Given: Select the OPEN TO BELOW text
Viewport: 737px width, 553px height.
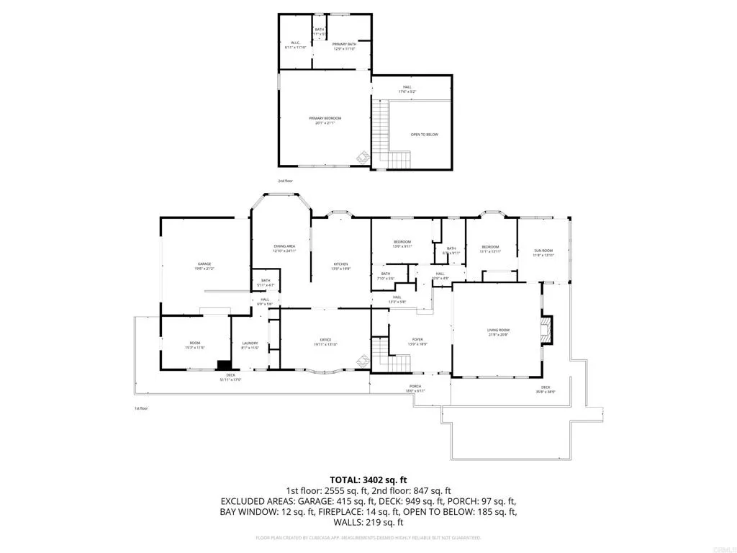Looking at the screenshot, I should pos(424,135).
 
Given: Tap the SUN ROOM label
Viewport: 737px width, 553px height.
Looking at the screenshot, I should pos(543,253).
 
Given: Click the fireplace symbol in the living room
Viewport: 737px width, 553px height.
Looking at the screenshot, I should pos(548,331).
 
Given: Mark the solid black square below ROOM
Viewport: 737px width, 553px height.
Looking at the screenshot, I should pos(225,365).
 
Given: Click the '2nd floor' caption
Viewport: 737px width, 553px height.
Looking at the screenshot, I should pos(286,181).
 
